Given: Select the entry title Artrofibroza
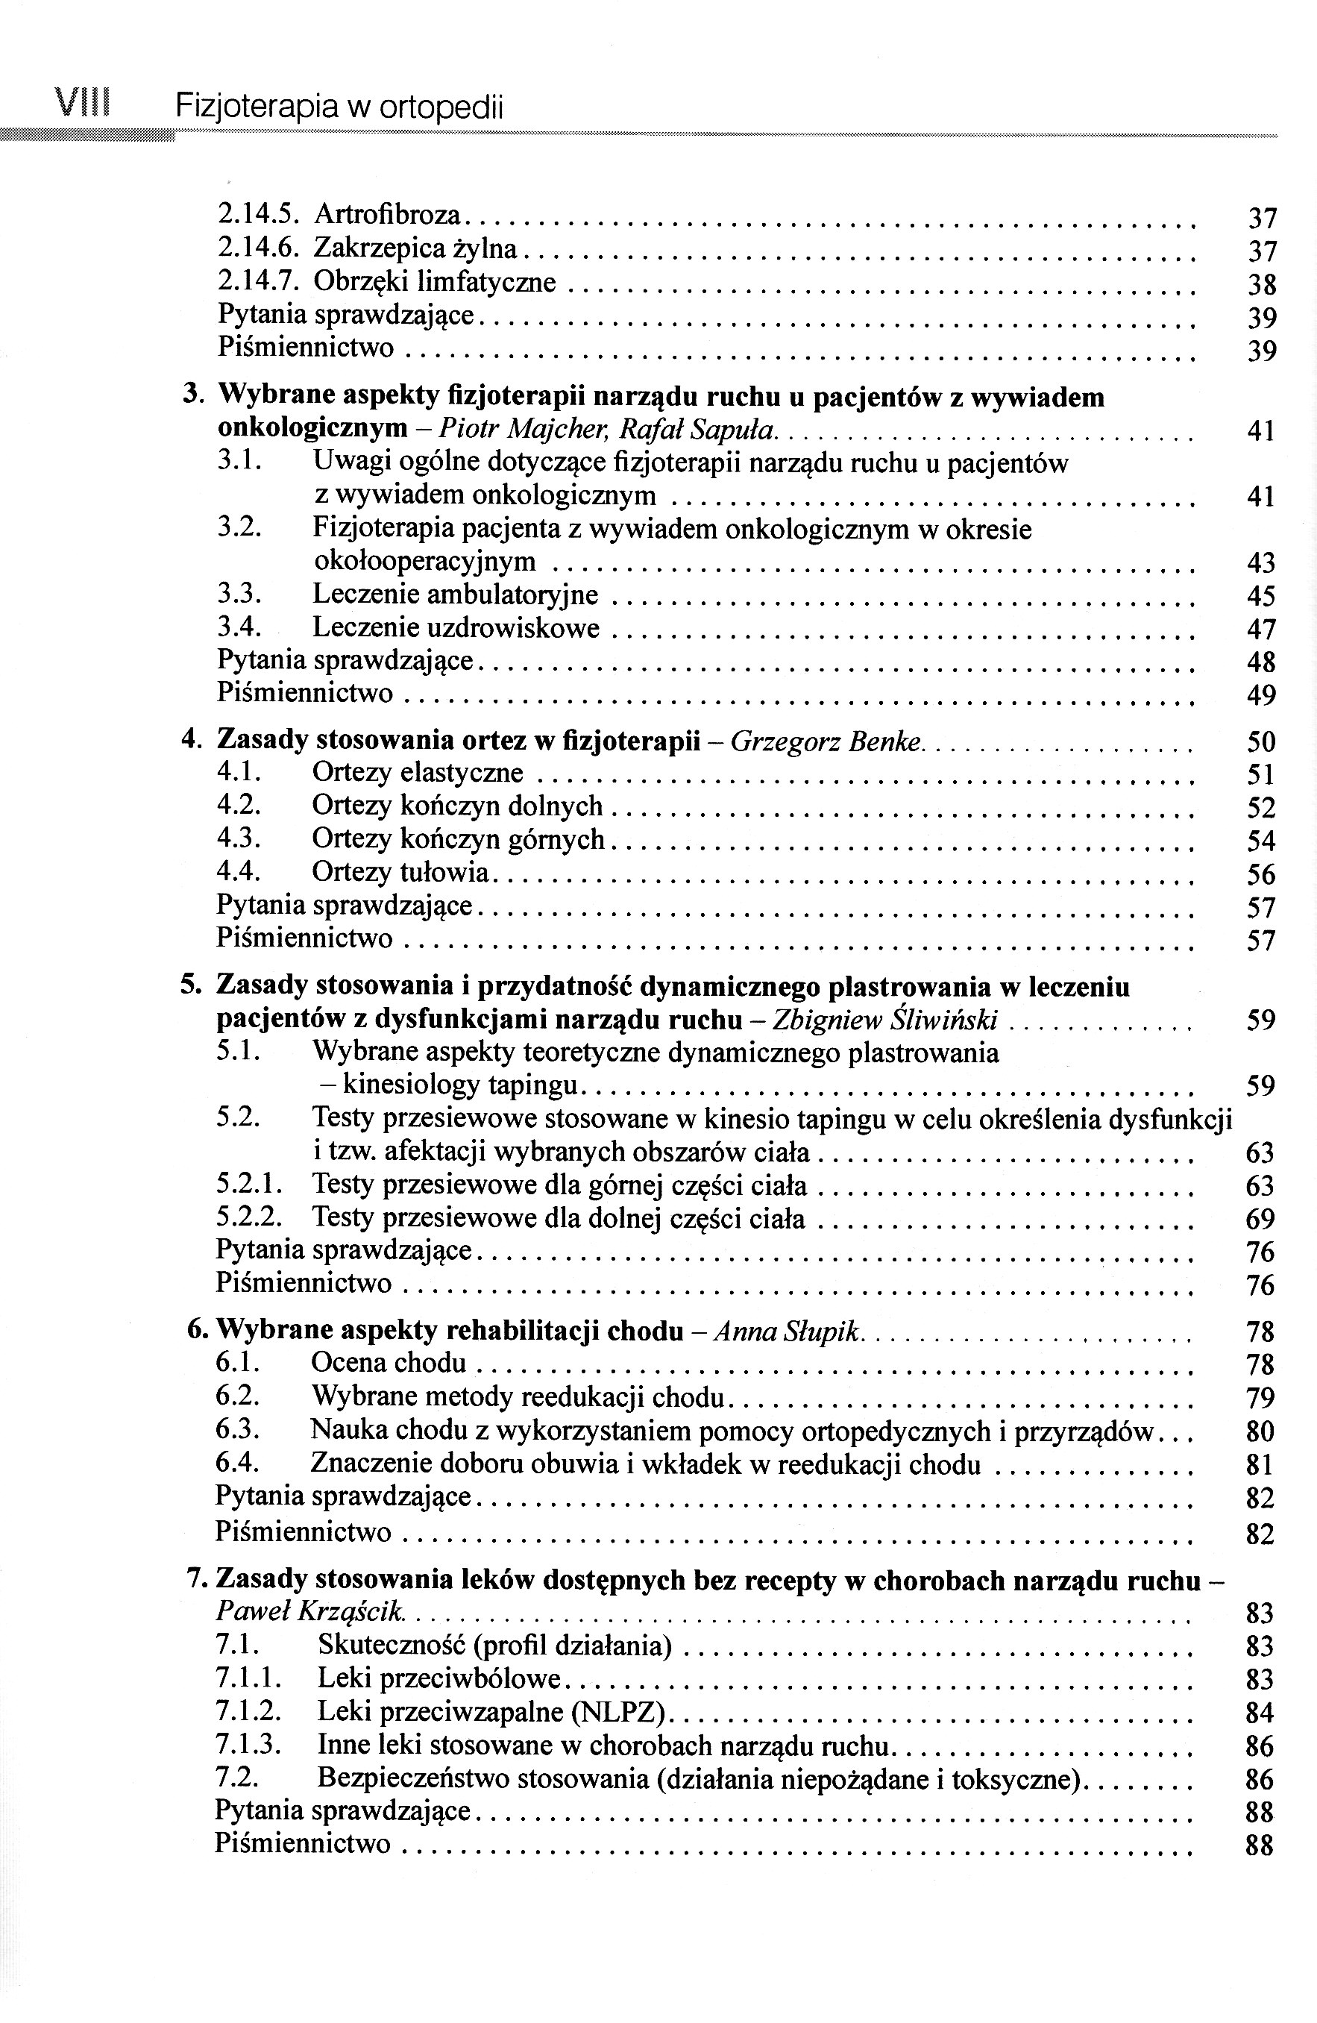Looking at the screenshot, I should (x=386, y=215).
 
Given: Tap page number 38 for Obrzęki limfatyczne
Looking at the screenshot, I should (x=1262, y=284).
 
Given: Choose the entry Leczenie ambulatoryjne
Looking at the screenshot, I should (x=455, y=595).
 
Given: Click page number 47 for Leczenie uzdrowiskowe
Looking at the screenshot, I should (x=1262, y=630).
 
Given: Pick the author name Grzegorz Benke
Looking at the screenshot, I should (x=826, y=741).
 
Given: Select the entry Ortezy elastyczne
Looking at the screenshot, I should (x=417, y=774).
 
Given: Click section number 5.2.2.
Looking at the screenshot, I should (x=248, y=1218).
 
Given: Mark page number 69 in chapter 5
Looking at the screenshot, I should (x=1261, y=1220).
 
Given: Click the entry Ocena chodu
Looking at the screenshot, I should (x=389, y=1364).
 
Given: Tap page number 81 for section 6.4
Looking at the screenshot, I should (x=1261, y=1465).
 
